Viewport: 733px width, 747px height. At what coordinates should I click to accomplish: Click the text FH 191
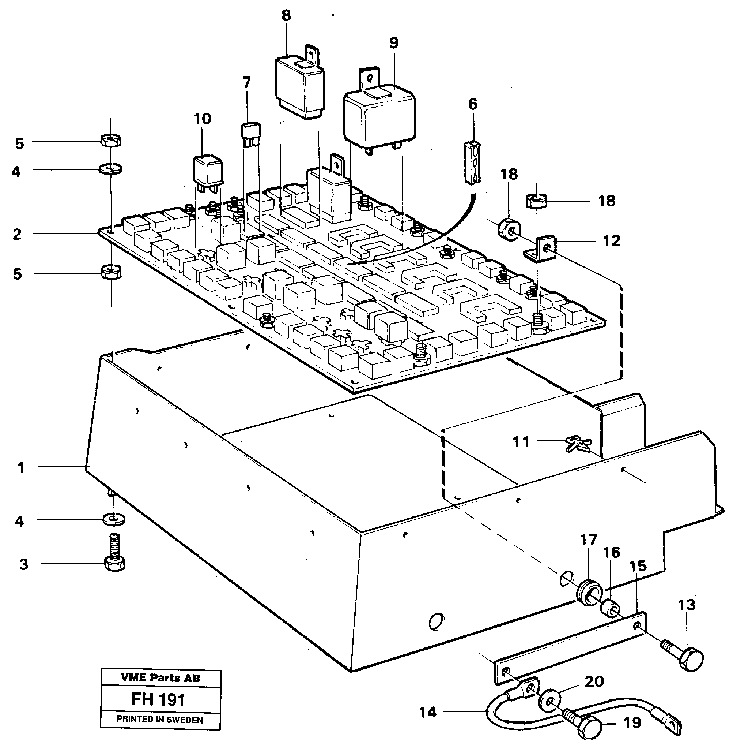coord(158,699)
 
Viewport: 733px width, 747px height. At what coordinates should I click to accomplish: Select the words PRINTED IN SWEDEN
coord(160,720)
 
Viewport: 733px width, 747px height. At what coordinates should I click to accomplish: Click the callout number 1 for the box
coord(21,468)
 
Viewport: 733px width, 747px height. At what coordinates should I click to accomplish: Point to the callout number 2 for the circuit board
coord(17,234)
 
